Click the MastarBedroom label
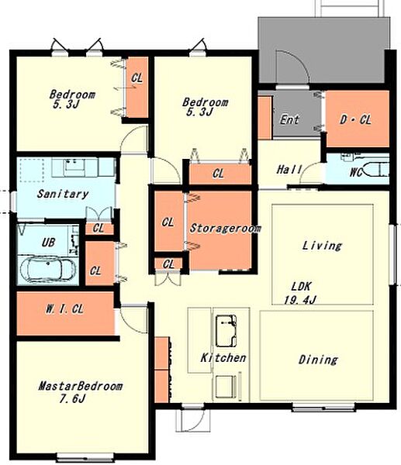click(x=80, y=386)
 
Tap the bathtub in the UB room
click(x=48, y=269)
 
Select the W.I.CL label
click(x=64, y=309)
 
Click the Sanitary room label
click(x=63, y=194)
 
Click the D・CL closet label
click(x=355, y=120)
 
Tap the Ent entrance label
click(x=289, y=120)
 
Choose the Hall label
click(x=289, y=170)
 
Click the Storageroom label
click(x=225, y=228)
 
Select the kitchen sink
click(x=226, y=331)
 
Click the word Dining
click(x=318, y=360)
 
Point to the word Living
click(x=322, y=246)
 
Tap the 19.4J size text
click(x=300, y=300)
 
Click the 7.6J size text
click(x=72, y=398)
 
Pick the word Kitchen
click(x=223, y=357)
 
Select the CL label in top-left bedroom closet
click(x=137, y=78)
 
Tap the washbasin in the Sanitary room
click(x=74, y=167)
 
